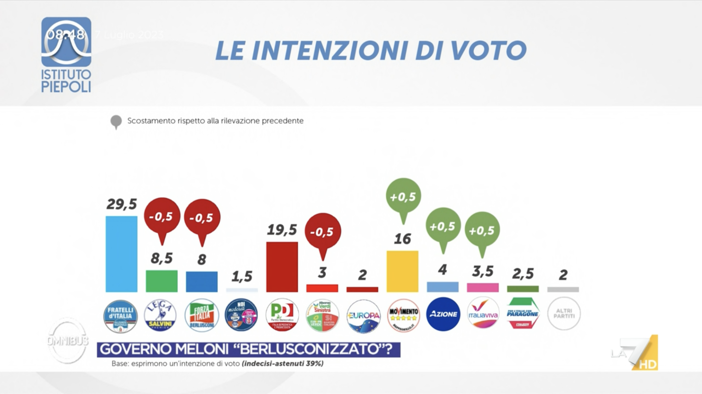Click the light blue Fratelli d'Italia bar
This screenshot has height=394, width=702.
(121, 254)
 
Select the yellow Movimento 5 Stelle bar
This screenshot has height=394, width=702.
(402, 271)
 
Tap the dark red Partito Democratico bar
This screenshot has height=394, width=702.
(282, 267)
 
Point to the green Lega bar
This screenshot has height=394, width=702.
(162, 281)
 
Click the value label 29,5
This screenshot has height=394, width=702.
(122, 204)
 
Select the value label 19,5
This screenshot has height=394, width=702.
(282, 230)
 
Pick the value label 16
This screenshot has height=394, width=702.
(402, 239)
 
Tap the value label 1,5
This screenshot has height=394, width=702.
(242, 276)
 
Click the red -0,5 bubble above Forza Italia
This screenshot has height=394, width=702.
(202, 217)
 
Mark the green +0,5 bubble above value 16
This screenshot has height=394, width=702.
(403, 196)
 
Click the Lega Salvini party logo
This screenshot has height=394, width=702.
(160, 315)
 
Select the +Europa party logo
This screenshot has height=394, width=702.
(363, 316)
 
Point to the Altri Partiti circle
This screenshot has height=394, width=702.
(564, 314)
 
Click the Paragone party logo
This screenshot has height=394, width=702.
(522, 313)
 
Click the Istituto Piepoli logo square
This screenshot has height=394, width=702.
(66, 42)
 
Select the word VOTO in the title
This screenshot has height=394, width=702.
(489, 51)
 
